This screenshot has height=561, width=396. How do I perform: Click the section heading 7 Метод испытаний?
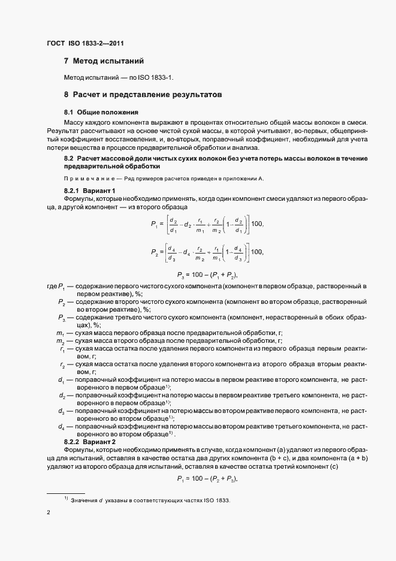click(104, 61)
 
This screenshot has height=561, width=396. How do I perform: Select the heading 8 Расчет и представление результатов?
click(143, 95)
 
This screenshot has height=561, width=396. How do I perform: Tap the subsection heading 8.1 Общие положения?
click(101, 112)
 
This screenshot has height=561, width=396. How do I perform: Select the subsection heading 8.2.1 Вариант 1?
click(89, 191)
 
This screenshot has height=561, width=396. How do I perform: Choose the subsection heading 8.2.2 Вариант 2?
click(89, 441)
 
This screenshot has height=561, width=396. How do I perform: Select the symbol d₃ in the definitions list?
click(61, 411)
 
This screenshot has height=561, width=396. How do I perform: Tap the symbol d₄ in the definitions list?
click(61, 426)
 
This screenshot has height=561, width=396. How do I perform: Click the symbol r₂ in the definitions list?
click(62, 364)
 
